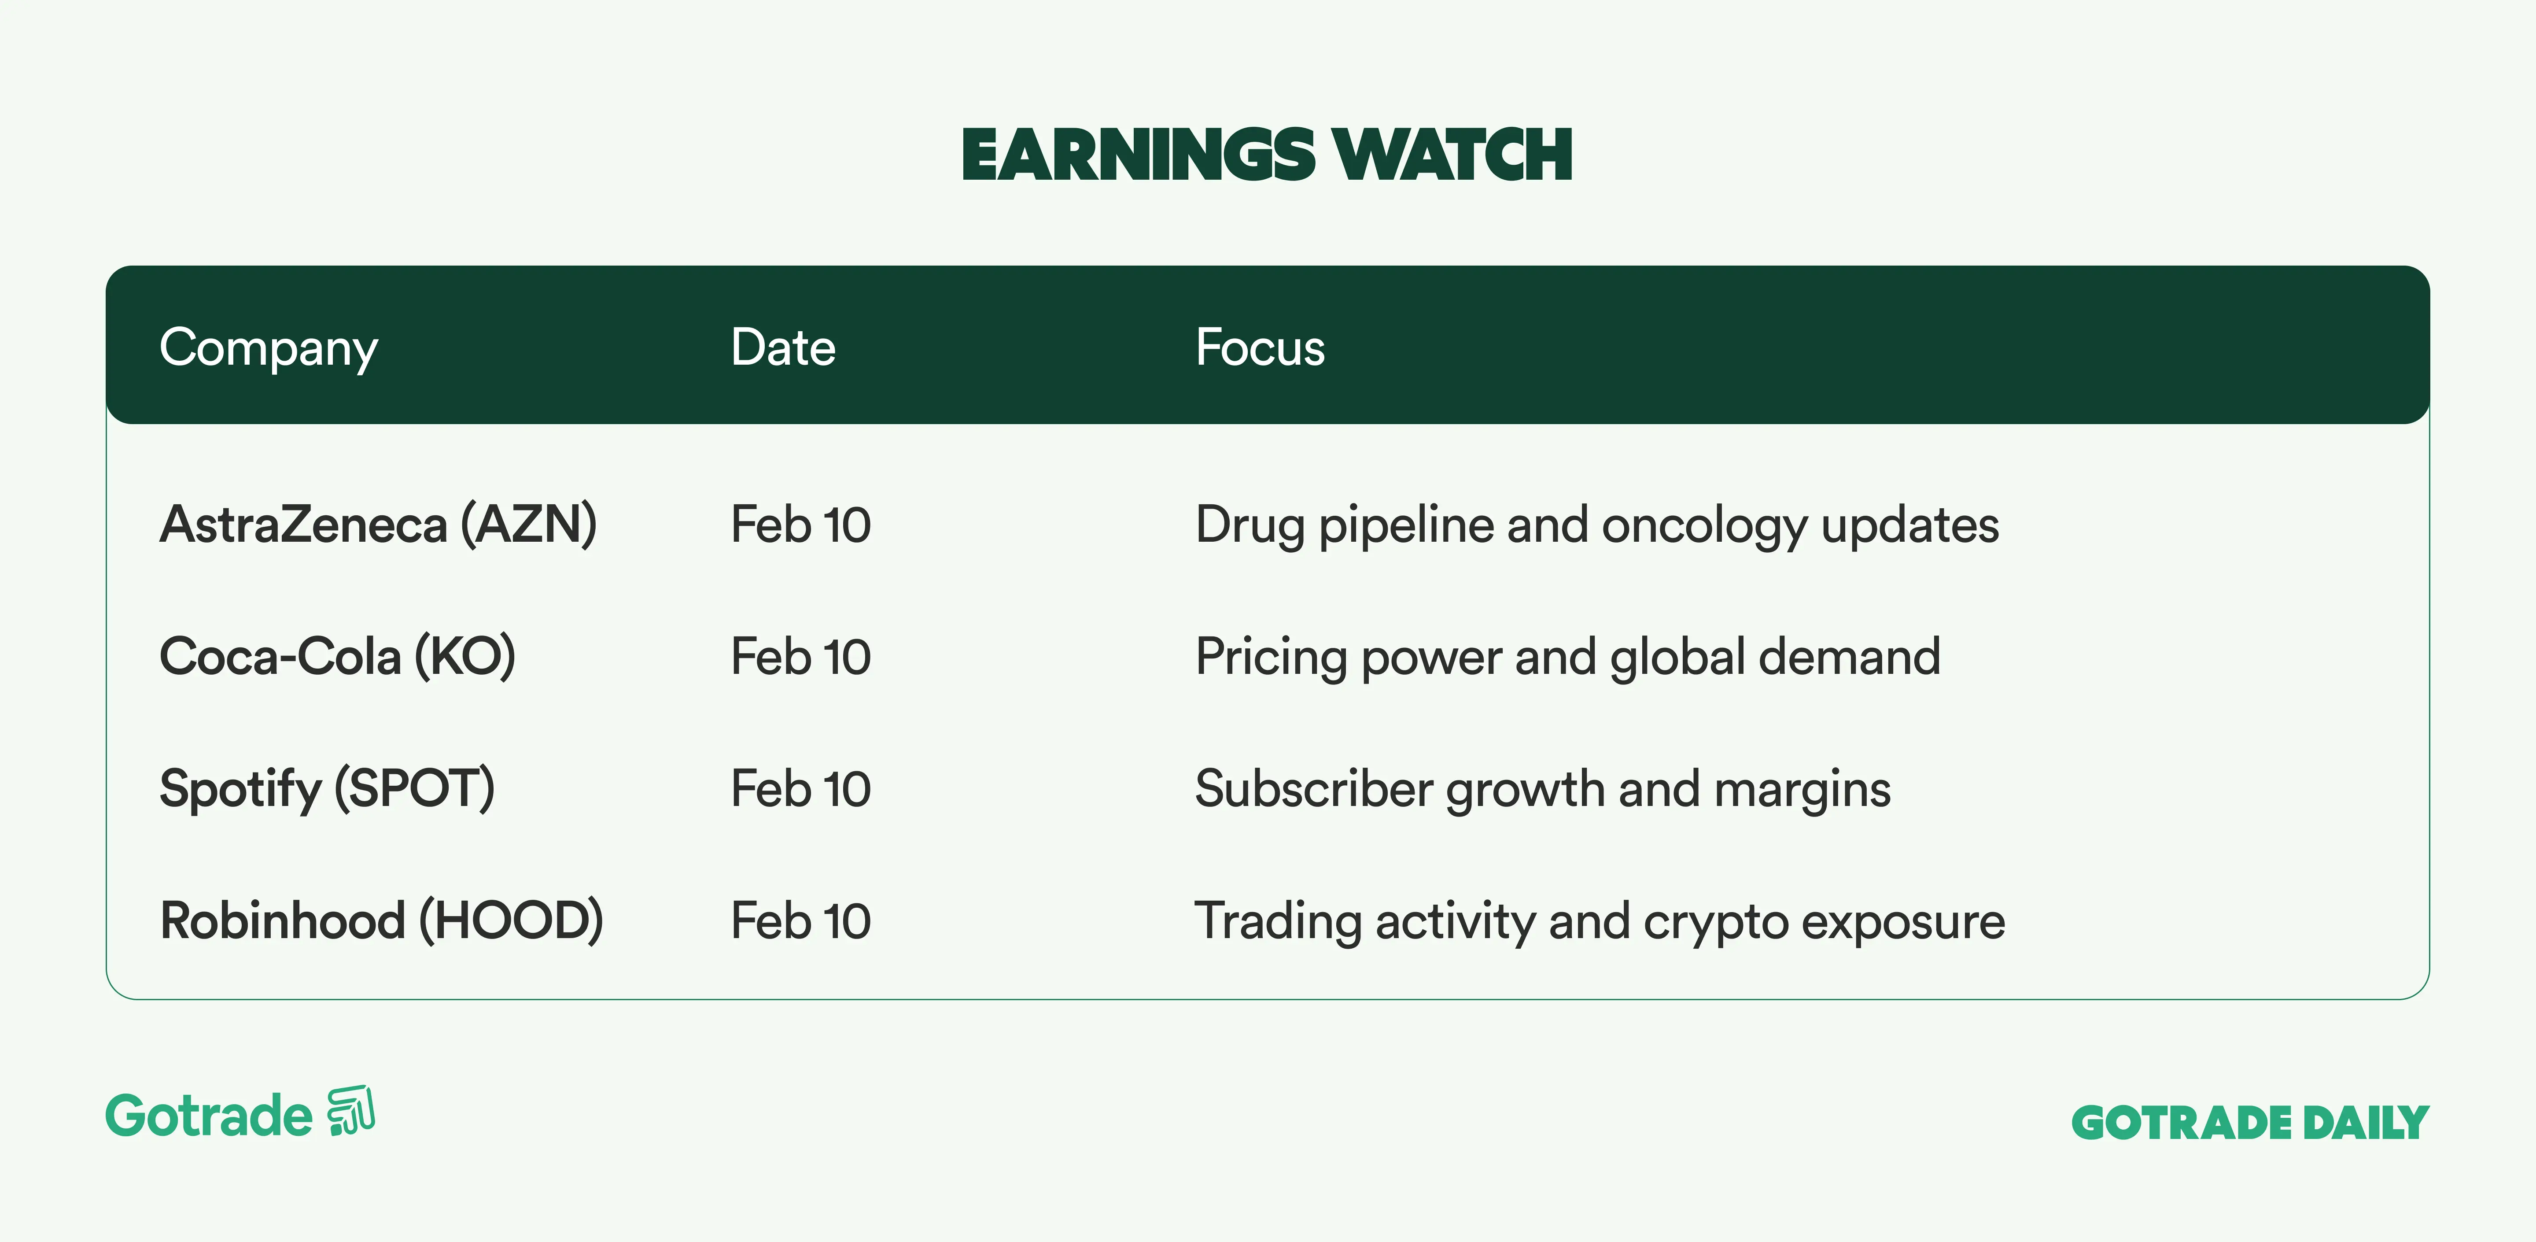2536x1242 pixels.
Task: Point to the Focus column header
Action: click(x=1260, y=347)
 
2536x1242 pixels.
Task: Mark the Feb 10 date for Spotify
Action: click(x=800, y=789)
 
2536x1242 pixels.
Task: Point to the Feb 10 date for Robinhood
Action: click(x=800, y=921)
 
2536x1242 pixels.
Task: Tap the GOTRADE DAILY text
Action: click(x=2251, y=1123)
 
